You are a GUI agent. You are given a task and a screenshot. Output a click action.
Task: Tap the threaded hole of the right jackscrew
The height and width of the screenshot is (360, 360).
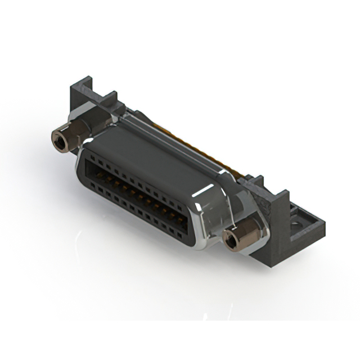coord(231,241)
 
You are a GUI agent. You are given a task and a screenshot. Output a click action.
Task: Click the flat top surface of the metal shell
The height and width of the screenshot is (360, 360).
coord(152,152)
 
